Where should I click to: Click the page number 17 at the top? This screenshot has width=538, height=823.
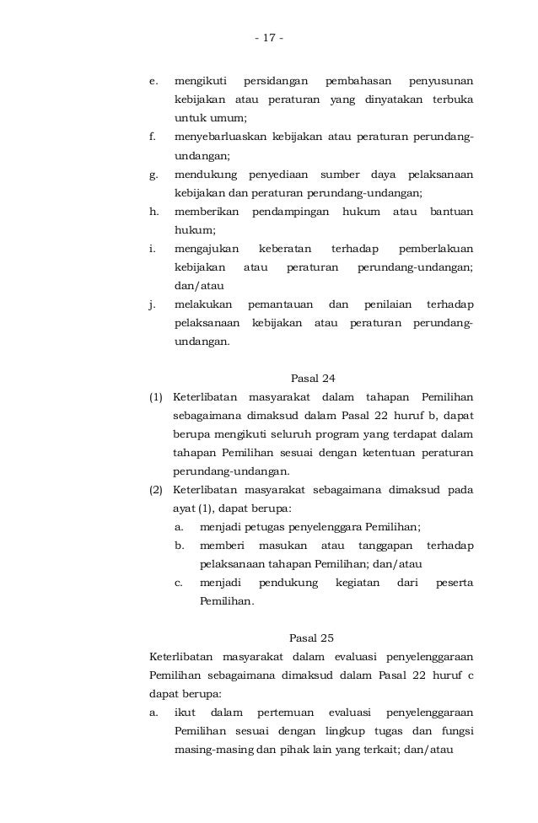click(x=269, y=39)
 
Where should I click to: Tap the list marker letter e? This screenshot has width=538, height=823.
click(x=153, y=82)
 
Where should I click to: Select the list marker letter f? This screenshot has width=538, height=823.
click(x=153, y=137)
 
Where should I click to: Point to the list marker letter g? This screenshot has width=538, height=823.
click(x=153, y=175)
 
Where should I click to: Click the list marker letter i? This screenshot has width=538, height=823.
click(x=152, y=249)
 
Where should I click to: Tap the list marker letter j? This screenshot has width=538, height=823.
click(x=152, y=304)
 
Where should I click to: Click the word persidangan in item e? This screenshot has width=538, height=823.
click(x=272, y=82)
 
